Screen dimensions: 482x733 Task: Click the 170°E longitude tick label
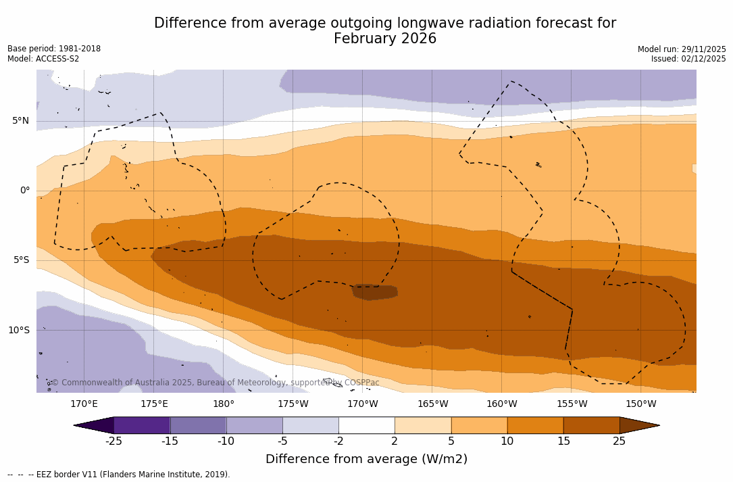(84, 404)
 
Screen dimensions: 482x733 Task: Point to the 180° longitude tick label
(224, 404)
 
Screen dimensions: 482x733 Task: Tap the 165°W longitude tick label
(432, 404)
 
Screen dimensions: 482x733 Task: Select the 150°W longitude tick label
(640, 404)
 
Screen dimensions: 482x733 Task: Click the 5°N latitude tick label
(20, 121)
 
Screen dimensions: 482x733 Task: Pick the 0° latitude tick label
(25, 191)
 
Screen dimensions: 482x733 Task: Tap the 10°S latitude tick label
(18, 331)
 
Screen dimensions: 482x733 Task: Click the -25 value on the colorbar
(113, 441)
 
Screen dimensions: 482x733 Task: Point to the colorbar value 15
(563, 441)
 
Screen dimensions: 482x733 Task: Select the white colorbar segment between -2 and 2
(367, 425)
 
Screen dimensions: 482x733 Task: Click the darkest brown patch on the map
(375, 292)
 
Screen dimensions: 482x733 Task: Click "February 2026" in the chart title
(385, 39)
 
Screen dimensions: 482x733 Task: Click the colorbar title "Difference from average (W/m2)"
(366, 460)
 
